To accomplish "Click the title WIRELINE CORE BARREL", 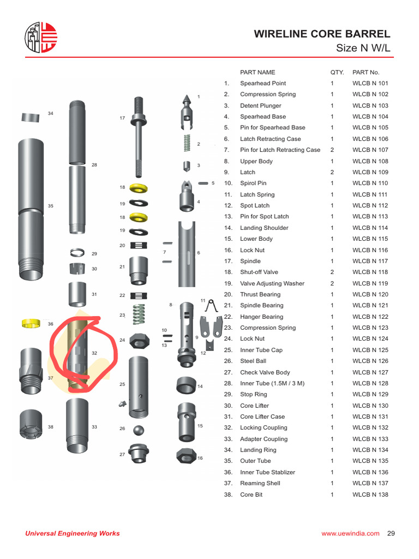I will [322, 34].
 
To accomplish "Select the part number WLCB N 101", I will [370, 84].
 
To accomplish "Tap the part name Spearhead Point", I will [263, 84].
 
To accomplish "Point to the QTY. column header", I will [337, 72].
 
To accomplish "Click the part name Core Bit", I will [251, 495].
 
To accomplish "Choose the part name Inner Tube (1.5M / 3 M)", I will [272, 383].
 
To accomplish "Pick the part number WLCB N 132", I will [370, 428].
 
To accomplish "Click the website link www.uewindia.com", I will [350, 533].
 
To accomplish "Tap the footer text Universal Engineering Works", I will [73, 533].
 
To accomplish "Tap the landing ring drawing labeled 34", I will [31, 117].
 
